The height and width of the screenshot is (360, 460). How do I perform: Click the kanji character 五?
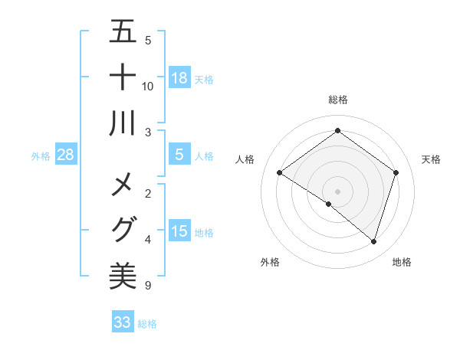tap(123, 33)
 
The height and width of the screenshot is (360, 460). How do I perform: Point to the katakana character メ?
tap(123, 185)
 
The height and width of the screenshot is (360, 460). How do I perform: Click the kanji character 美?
tap(123, 275)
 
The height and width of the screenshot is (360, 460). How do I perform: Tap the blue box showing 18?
tap(179, 78)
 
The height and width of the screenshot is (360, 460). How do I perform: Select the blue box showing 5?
tap(179, 155)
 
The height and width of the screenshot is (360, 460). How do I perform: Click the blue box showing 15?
tap(179, 231)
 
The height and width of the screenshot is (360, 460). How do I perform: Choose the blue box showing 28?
tap(66, 155)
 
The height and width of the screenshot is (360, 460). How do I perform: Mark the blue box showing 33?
tap(123, 322)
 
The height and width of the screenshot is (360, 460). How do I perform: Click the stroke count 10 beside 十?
tap(148, 86)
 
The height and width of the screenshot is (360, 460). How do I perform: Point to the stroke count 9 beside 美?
tap(148, 286)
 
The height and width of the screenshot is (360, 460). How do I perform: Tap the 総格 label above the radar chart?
tap(338, 100)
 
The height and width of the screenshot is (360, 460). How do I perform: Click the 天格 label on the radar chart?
tap(431, 159)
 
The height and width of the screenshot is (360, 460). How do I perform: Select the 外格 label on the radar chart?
tap(270, 262)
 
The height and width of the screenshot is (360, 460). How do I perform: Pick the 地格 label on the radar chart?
tap(402, 262)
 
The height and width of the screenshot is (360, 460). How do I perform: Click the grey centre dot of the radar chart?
tap(337, 191)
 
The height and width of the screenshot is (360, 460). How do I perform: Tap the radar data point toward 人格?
tap(280, 173)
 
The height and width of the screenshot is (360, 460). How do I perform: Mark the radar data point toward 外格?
tap(329, 205)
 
